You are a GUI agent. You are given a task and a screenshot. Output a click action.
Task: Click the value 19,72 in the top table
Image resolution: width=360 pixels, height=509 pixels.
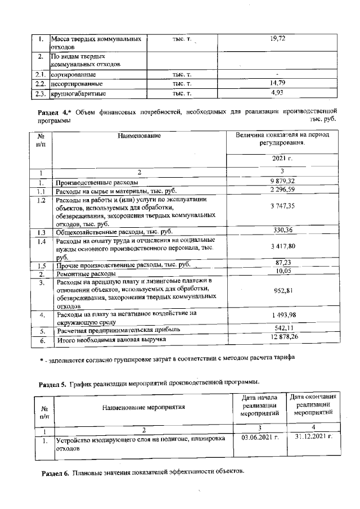pos(278,38)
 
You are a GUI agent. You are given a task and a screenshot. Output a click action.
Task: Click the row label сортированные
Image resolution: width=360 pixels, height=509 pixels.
pos(73,74)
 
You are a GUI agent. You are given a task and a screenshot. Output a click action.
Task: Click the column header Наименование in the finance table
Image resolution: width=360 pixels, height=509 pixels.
pos(139,136)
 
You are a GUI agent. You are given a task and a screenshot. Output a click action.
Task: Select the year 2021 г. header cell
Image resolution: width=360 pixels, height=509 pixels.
pos(282,159)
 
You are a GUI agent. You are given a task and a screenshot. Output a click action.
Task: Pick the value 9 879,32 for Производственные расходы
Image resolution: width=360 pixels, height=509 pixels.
pos(282,181)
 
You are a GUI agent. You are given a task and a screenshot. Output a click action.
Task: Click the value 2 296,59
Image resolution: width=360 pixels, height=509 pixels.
pos(282,191)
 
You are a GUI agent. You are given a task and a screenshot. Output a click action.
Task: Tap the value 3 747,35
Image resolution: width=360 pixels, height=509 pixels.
pos(282,207)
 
